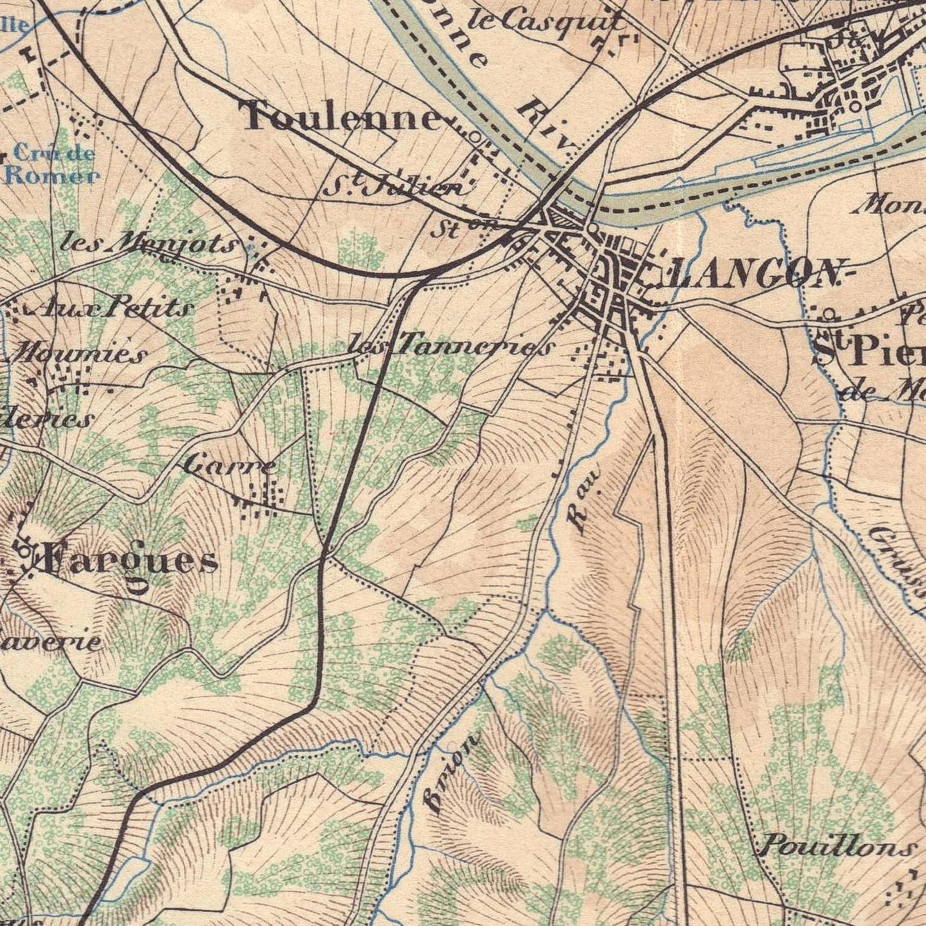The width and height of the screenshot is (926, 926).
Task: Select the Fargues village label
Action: [131, 563]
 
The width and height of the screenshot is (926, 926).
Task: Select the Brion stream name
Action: [453, 773]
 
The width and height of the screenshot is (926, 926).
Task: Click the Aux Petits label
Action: [115, 308]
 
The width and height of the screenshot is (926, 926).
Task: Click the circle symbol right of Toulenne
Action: [475, 136]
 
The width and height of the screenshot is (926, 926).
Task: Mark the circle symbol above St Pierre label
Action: [830, 313]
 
